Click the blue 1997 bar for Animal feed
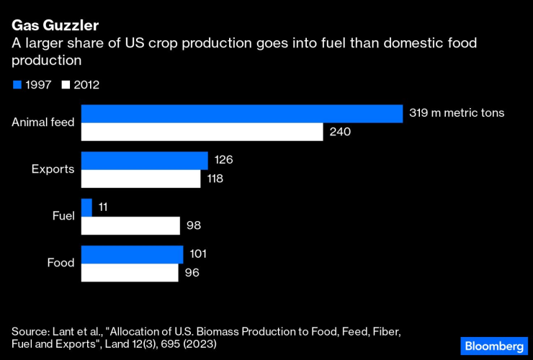(x=241, y=114)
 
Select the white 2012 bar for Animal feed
(x=202, y=132)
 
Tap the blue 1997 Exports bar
(x=144, y=161)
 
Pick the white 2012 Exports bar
(x=140, y=179)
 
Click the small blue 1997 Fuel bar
(x=86, y=207)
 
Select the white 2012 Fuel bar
(x=130, y=226)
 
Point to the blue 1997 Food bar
(x=133, y=254)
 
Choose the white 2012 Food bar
(x=130, y=273)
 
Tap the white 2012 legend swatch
(x=66, y=85)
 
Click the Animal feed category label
(x=43, y=122)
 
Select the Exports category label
(x=53, y=169)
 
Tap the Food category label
(x=61, y=263)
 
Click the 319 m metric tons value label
(x=457, y=113)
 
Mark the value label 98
(x=193, y=226)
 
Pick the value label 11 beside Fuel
(x=104, y=207)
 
